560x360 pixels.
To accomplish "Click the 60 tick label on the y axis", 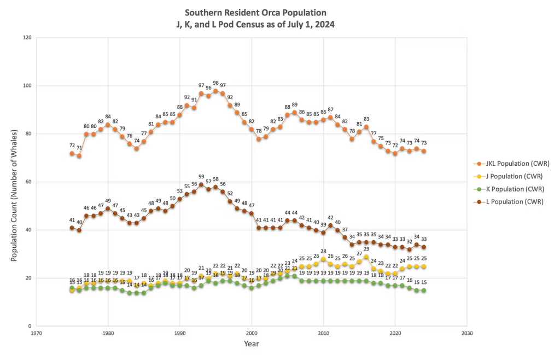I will [28, 182].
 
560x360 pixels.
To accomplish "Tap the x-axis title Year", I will [252, 344].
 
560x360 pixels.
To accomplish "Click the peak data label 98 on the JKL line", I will [215, 83].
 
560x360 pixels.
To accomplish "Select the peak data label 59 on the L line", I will [201, 177].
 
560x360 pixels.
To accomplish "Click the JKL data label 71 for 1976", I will [79, 148].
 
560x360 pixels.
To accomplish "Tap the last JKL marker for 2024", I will [423, 151].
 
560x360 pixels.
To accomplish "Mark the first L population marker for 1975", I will [72, 228].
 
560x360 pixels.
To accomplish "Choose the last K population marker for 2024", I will [423, 290].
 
